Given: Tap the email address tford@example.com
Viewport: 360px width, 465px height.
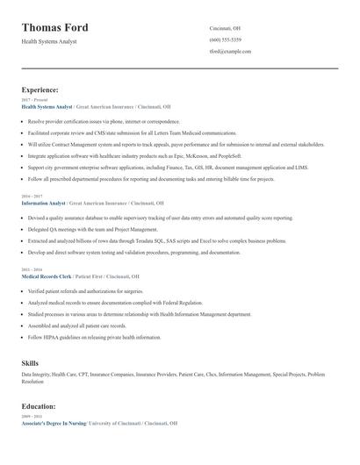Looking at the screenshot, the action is tap(230, 52).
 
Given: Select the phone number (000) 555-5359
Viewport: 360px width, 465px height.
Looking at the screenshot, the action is tap(226, 40).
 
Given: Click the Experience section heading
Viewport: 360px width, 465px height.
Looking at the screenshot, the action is tap(40, 89).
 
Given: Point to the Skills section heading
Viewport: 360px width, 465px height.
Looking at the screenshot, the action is tap(30, 362).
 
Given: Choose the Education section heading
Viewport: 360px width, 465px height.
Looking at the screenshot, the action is tap(40, 406).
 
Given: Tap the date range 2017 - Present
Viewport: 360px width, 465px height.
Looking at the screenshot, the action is tap(33, 100).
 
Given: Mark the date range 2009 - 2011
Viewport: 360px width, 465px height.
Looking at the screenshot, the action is tap(31, 417).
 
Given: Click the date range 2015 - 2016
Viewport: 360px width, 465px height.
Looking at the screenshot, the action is tap(31, 270).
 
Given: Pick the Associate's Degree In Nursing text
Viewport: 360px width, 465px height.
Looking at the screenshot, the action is tap(54, 423).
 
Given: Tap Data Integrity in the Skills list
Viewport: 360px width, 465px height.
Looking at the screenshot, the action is tap(36, 375).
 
